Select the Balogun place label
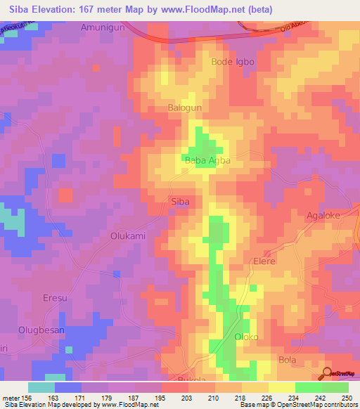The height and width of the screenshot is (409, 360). (x=185, y=108)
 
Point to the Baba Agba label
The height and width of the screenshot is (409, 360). (x=208, y=161)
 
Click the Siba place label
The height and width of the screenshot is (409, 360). (x=181, y=202)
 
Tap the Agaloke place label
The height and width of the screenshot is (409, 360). (x=323, y=216)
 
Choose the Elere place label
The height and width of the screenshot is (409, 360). (x=264, y=261)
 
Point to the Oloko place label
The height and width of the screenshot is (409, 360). (x=246, y=337)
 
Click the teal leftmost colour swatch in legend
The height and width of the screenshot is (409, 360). (x=41, y=387)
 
